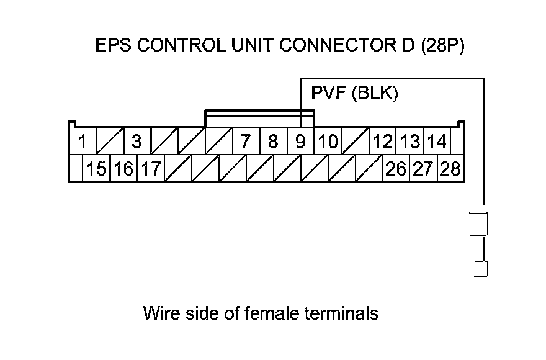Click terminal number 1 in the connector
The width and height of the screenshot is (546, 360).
pos(82,142)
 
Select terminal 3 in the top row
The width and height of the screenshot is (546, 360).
pos(136,142)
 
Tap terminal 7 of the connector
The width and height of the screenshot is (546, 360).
pos(246,142)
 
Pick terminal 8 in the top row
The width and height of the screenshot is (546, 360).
pos(273,142)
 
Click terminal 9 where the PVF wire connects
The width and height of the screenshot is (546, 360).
pos(300,142)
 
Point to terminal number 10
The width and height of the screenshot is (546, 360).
pos(328,142)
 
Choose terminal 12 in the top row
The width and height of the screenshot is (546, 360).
pos(383,142)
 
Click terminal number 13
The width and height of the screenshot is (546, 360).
pos(409,142)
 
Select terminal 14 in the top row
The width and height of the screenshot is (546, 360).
pos(437,142)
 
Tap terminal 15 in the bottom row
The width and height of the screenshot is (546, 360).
pos(96,169)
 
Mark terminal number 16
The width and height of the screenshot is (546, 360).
pos(123,169)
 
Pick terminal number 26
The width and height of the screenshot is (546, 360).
pos(396,169)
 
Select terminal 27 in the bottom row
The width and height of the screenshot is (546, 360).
pos(423,169)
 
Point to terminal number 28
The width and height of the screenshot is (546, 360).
pos(450,169)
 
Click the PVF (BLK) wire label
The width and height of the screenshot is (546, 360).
pos(354,94)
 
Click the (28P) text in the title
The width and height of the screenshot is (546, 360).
pos(442,47)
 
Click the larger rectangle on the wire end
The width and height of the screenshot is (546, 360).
pos(478,224)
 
